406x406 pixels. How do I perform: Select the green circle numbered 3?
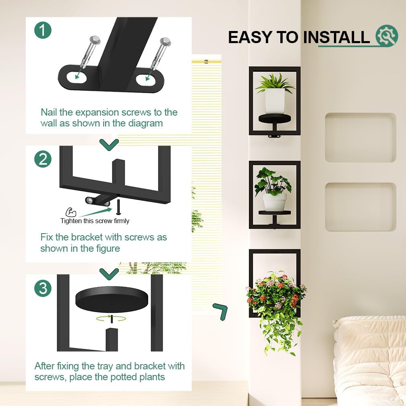point(43,288)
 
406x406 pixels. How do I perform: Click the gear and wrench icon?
point(387,36)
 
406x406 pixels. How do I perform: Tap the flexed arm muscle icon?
point(71,212)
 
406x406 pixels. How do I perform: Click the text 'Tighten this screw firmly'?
point(95,221)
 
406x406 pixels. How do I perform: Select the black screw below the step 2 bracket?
point(118,207)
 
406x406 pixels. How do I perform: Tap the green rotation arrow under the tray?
point(111,318)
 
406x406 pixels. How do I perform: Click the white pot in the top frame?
point(275,101)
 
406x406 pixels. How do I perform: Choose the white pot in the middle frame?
point(275,202)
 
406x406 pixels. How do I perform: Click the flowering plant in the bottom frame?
point(276,298)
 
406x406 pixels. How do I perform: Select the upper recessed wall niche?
point(360,137)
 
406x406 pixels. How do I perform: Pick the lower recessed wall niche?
point(360,207)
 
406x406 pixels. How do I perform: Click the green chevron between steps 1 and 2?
point(109,144)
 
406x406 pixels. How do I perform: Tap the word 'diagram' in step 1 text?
point(145,123)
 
